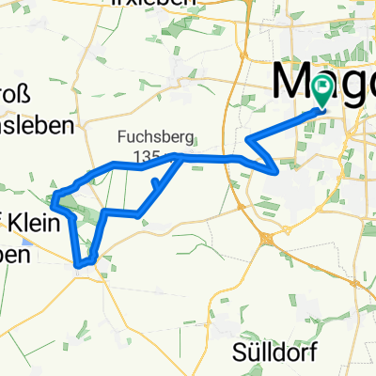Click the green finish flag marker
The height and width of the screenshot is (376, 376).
(322, 92)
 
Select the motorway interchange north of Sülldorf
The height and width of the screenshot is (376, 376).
(269, 239)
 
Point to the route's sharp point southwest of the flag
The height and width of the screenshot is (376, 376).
(274, 172)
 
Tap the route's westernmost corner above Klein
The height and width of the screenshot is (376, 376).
(55, 196)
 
